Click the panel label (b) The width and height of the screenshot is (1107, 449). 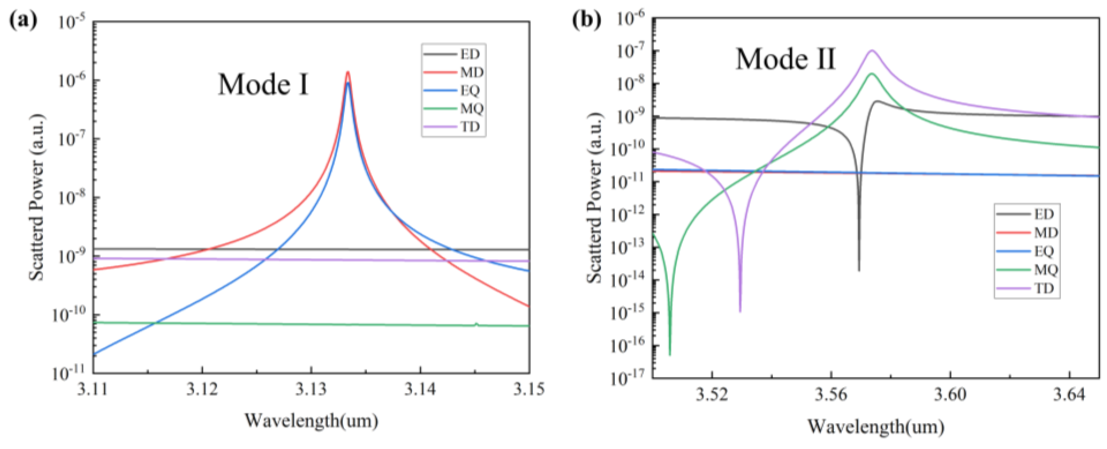pyautogui.click(x=587, y=20)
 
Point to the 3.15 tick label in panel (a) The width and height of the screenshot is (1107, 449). pyautogui.click(x=529, y=389)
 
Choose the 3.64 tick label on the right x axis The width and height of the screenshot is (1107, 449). pyautogui.click(x=1069, y=394)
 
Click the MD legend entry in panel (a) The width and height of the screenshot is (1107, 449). pyautogui.click(x=471, y=72)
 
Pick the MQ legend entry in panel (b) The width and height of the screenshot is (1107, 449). pyautogui.click(x=1046, y=269)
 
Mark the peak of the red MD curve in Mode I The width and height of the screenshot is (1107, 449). pyautogui.click(x=348, y=72)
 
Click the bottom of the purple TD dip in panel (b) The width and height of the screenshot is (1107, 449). pyautogui.click(x=740, y=311)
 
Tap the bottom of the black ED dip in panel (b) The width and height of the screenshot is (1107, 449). pyautogui.click(x=859, y=270)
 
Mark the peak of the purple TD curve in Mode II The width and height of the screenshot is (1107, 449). pyautogui.click(x=872, y=51)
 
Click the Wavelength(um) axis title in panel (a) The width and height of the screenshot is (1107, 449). pyautogui.click(x=311, y=420)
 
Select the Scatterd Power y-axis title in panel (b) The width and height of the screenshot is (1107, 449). pyautogui.click(x=595, y=198)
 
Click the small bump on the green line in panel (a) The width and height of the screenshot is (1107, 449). pyautogui.click(x=476, y=323)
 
